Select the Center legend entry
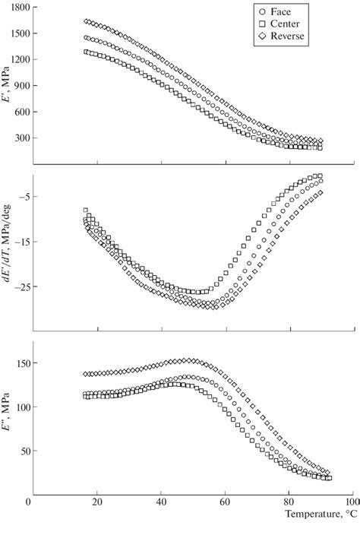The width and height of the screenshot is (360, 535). pyautogui.click(x=283, y=24)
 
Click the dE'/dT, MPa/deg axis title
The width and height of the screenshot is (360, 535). pyautogui.click(x=8, y=251)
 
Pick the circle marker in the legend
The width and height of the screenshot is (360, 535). pyautogui.click(x=262, y=12)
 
